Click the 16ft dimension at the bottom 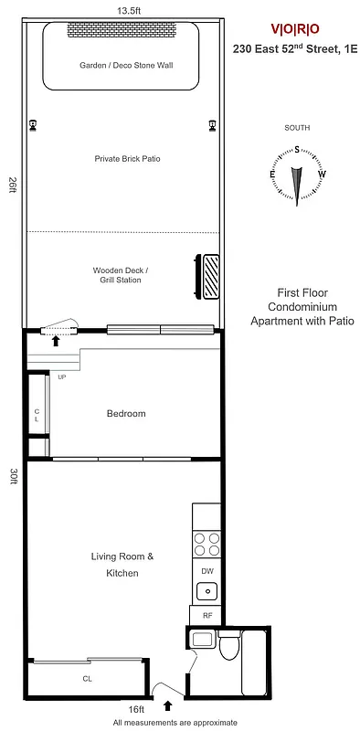(x=136, y=709)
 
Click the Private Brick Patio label (x=127, y=158)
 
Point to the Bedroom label (x=126, y=414)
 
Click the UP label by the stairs (x=62, y=376)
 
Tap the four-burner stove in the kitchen (x=206, y=546)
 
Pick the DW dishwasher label (x=206, y=571)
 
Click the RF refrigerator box (x=206, y=615)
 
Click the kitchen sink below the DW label (x=206, y=590)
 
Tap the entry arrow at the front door (x=167, y=705)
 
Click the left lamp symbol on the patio (x=34, y=125)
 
